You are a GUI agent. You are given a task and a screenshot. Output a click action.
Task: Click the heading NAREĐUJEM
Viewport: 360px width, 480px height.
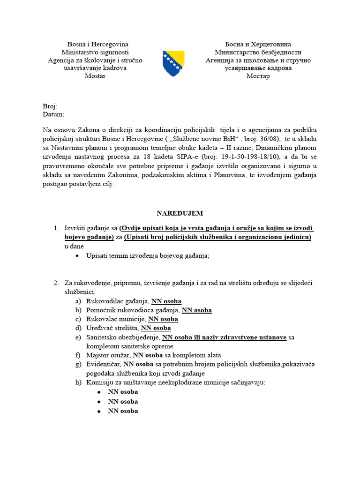[x=180, y=213]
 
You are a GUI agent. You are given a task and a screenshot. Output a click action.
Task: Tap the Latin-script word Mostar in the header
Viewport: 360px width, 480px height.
[x=95, y=76]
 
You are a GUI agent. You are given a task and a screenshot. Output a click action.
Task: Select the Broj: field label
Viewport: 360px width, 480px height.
[x=50, y=106]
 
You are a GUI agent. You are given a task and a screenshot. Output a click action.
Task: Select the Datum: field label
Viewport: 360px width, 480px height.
[x=53, y=114]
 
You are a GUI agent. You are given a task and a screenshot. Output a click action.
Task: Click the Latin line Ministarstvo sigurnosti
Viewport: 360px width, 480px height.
[x=95, y=52]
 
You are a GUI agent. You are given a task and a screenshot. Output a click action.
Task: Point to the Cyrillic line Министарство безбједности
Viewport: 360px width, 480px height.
[x=258, y=52]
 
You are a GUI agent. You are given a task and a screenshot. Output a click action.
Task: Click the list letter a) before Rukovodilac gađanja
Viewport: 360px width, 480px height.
[x=77, y=301]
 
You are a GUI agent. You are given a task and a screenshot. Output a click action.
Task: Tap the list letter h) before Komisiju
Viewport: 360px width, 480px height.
[x=77, y=382]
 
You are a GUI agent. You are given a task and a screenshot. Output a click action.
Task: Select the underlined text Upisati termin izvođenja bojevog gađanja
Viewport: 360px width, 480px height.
[x=147, y=255]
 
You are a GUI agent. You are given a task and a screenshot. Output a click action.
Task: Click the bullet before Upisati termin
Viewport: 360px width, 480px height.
[x=77, y=256]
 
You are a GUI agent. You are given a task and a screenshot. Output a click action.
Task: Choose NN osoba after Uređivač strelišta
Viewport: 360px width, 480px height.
[x=156, y=328]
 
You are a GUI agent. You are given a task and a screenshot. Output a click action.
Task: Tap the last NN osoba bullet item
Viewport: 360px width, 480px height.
[x=123, y=411]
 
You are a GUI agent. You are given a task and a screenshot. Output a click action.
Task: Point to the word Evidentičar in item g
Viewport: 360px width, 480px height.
[x=104, y=364]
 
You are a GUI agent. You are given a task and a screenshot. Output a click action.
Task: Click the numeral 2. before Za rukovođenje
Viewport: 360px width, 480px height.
[x=56, y=283]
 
